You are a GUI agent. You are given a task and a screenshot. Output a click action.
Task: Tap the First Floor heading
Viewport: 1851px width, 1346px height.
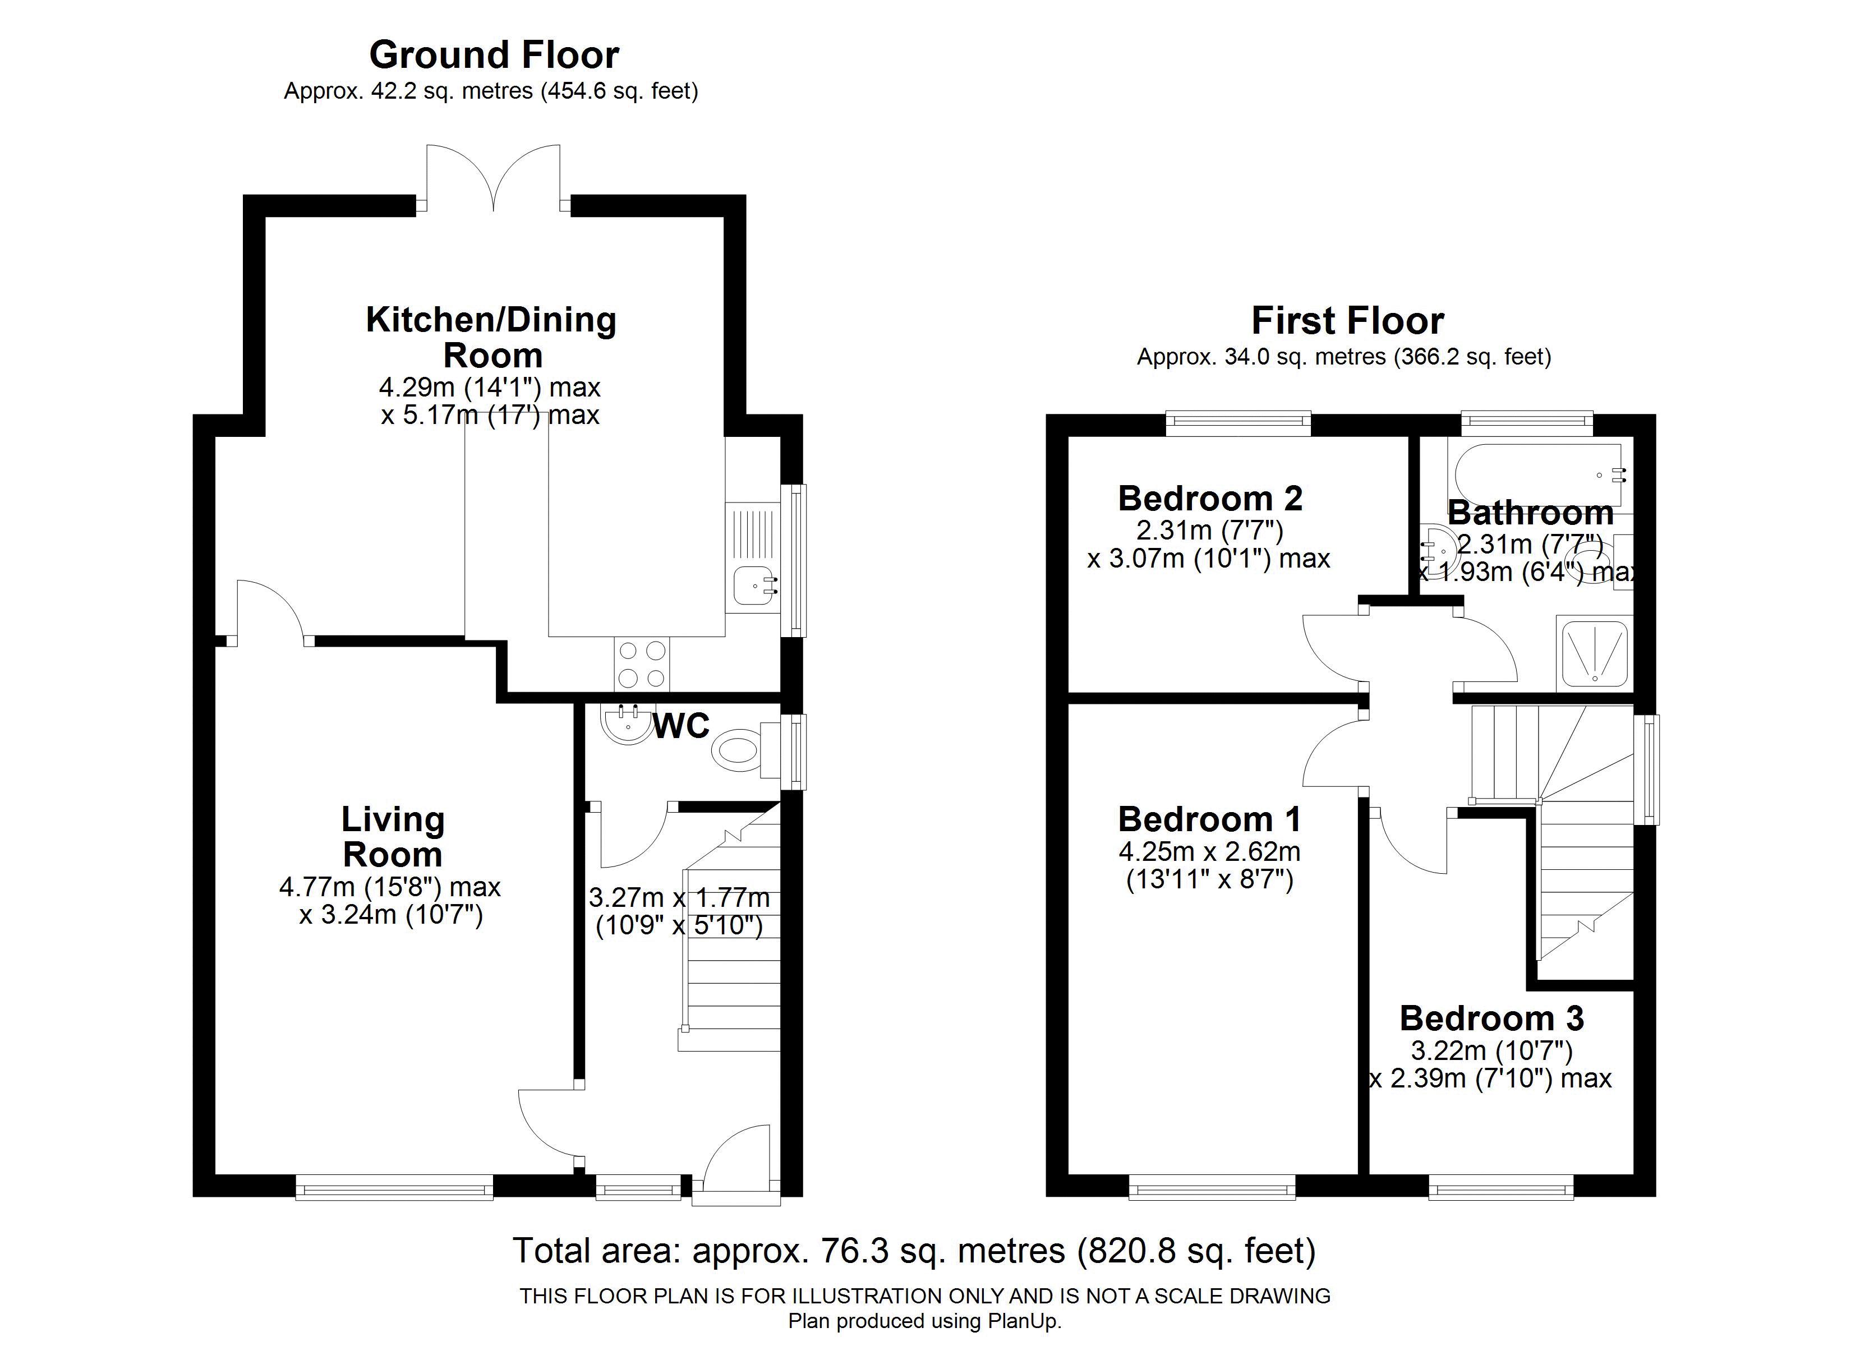point(1347,321)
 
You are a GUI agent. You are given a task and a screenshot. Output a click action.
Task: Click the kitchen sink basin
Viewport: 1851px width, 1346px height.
point(752,586)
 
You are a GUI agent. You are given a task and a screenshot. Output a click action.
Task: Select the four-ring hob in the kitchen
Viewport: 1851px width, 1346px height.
point(642,665)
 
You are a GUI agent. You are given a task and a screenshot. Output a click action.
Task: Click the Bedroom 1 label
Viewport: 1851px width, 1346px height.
point(1209,819)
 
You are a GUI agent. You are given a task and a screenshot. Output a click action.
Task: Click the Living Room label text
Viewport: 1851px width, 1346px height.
point(393,837)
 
